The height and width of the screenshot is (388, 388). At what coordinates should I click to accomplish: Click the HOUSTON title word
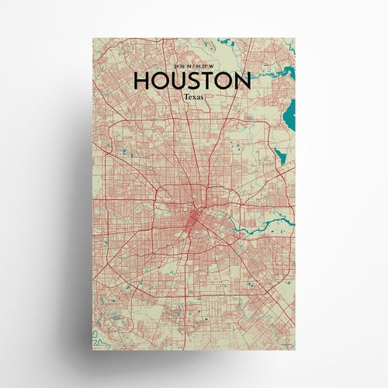[x=192, y=81]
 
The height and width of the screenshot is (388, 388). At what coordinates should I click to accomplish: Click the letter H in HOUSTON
[x=142, y=81]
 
